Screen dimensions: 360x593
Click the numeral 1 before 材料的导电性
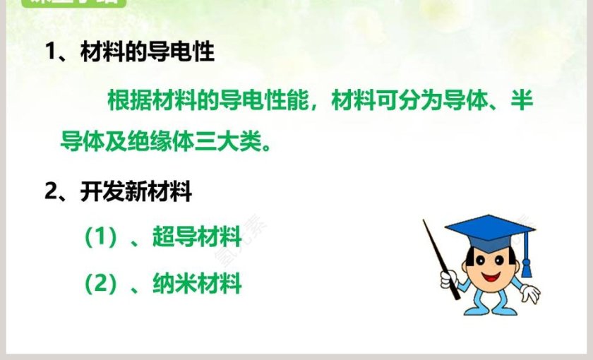tap(51, 52)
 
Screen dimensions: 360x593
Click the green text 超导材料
tap(197, 237)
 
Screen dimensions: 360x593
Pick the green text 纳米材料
tap(197, 284)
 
